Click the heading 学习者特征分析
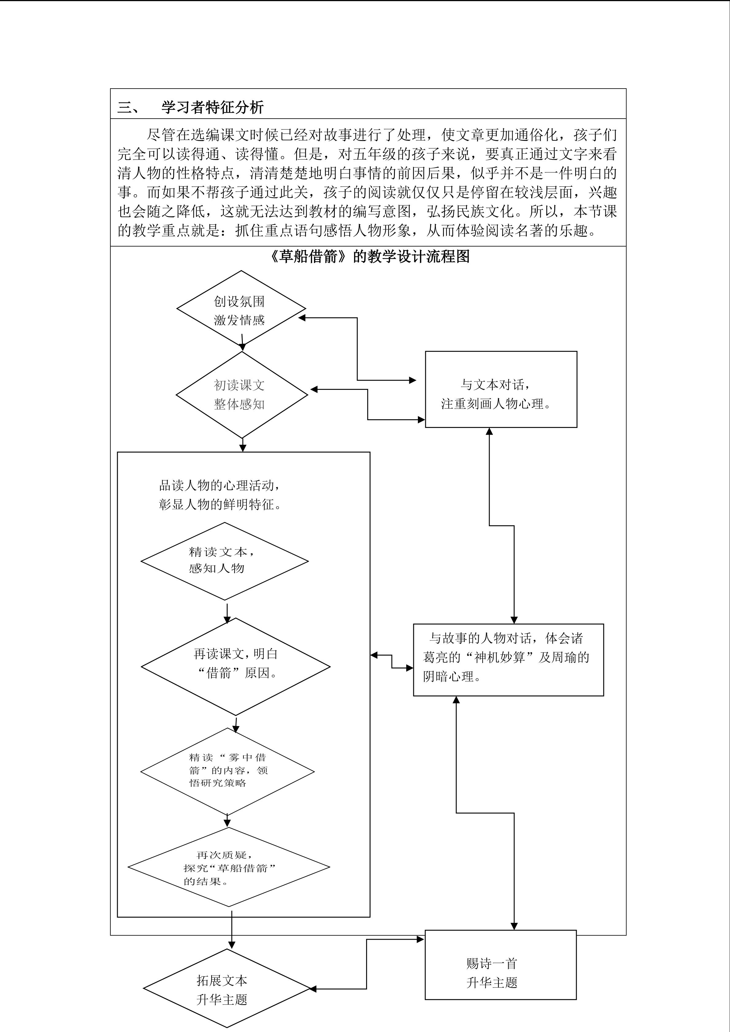pyautogui.click(x=212, y=107)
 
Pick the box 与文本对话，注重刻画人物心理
pyautogui.click(x=501, y=389)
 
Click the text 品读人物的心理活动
pyautogui.click(x=220, y=486)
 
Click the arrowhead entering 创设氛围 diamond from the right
pyautogui.click(x=302, y=318)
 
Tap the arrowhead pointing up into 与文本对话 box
pyautogui.click(x=489, y=432)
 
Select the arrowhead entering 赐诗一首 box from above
pyautogui.click(x=514, y=926)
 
